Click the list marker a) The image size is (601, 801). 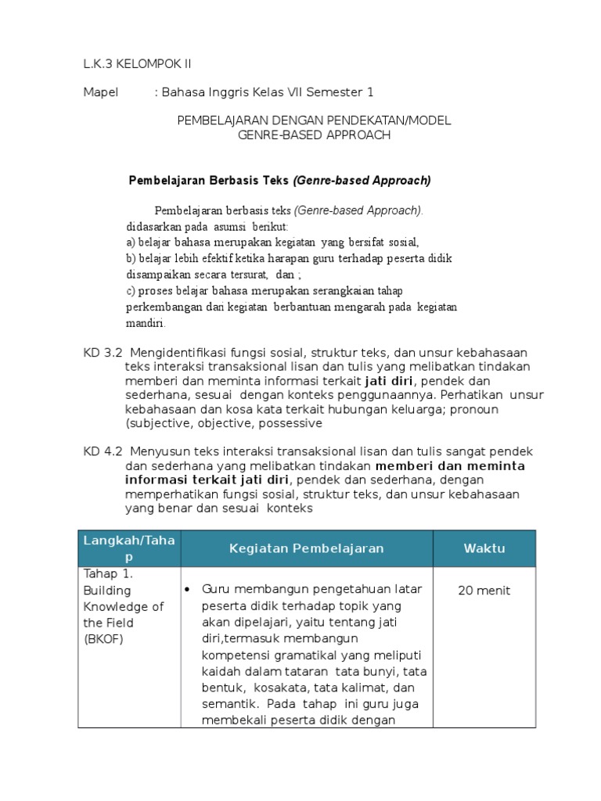(x=131, y=241)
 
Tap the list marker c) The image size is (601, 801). (x=131, y=290)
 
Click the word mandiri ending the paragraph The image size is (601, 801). (x=145, y=323)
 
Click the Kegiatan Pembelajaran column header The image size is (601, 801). (x=306, y=548)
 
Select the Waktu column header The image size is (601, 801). (x=484, y=548)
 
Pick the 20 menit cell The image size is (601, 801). (x=484, y=591)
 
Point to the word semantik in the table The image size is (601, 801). (x=227, y=704)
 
